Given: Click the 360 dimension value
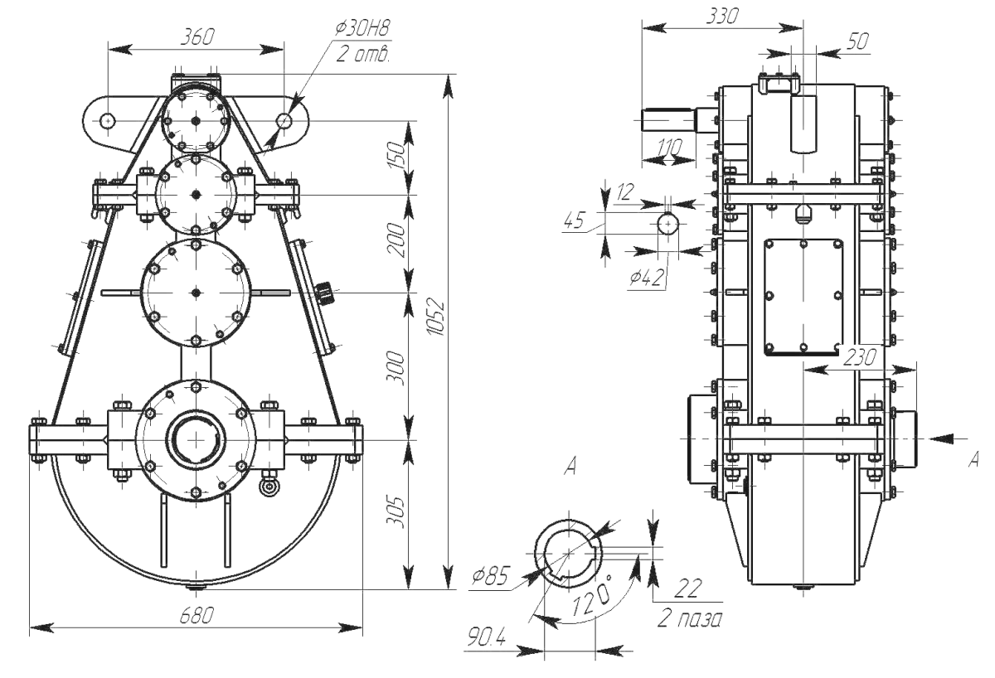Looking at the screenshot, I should [196, 36].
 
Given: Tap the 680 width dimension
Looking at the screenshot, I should [196, 615].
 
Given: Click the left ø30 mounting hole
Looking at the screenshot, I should [107, 120].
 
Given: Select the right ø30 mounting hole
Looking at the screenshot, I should [284, 120].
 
